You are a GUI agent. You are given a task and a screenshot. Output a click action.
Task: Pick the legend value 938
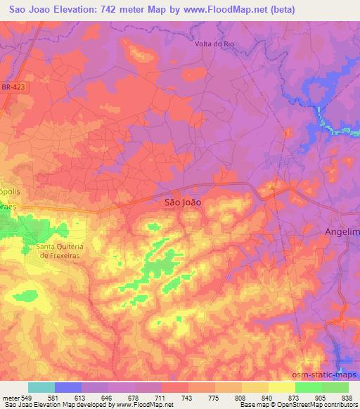347,397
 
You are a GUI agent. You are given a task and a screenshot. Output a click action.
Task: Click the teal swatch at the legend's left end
41,387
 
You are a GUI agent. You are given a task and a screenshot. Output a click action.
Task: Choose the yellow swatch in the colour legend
281,387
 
